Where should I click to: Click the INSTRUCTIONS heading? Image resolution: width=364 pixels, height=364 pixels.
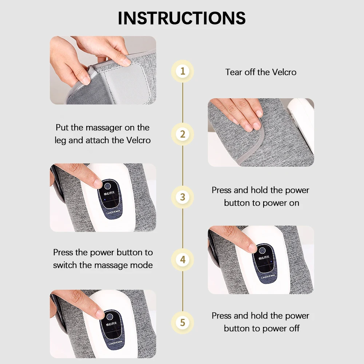tap(182, 18)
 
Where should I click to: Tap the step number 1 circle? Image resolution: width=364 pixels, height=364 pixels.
tap(183, 71)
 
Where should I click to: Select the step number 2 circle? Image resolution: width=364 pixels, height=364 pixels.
tap(183, 134)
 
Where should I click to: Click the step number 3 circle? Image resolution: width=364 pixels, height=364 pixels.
tap(183, 197)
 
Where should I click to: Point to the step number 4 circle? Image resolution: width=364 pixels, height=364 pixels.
tap(183, 260)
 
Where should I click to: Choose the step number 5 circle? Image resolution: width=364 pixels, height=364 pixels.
tap(183, 323)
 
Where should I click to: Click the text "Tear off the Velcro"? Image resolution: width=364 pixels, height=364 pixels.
tap(261, 72)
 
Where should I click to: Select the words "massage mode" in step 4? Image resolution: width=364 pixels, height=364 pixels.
tap(124, 265)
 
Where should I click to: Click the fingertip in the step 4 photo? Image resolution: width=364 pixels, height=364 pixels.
tap(252, 248)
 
